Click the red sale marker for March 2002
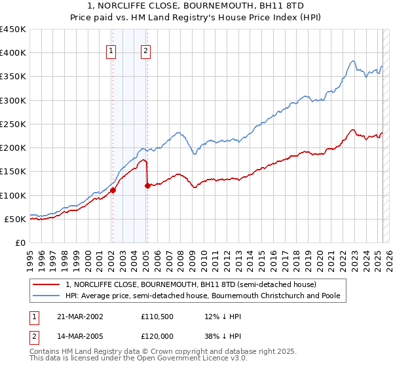[112, 190]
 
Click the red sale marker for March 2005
[147, 185]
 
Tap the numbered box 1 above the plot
[111, 52]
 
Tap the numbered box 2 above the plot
[145, 52]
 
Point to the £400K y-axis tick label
[13, 53]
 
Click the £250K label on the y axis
[13, 124]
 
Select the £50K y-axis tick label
[16, 219]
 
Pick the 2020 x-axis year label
[319, 256]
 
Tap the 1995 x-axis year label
[29, 256]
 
